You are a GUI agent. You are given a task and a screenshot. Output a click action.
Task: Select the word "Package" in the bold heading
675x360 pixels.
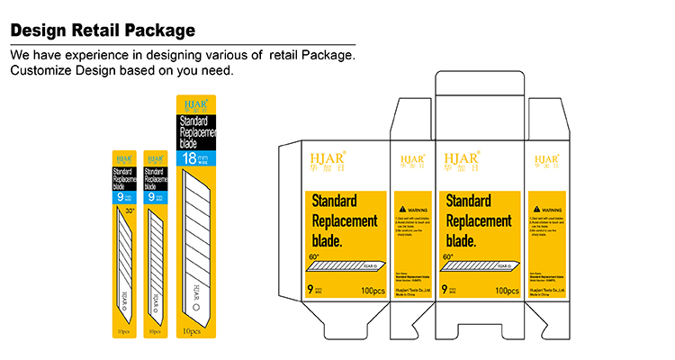[161, 31]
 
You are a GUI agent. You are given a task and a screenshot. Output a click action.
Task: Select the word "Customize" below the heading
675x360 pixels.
[44, 71]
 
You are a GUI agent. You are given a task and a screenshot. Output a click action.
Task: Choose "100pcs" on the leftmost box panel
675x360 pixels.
[371, 291]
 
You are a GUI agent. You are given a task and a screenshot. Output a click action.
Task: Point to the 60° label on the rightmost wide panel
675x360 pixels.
[448, 257]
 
